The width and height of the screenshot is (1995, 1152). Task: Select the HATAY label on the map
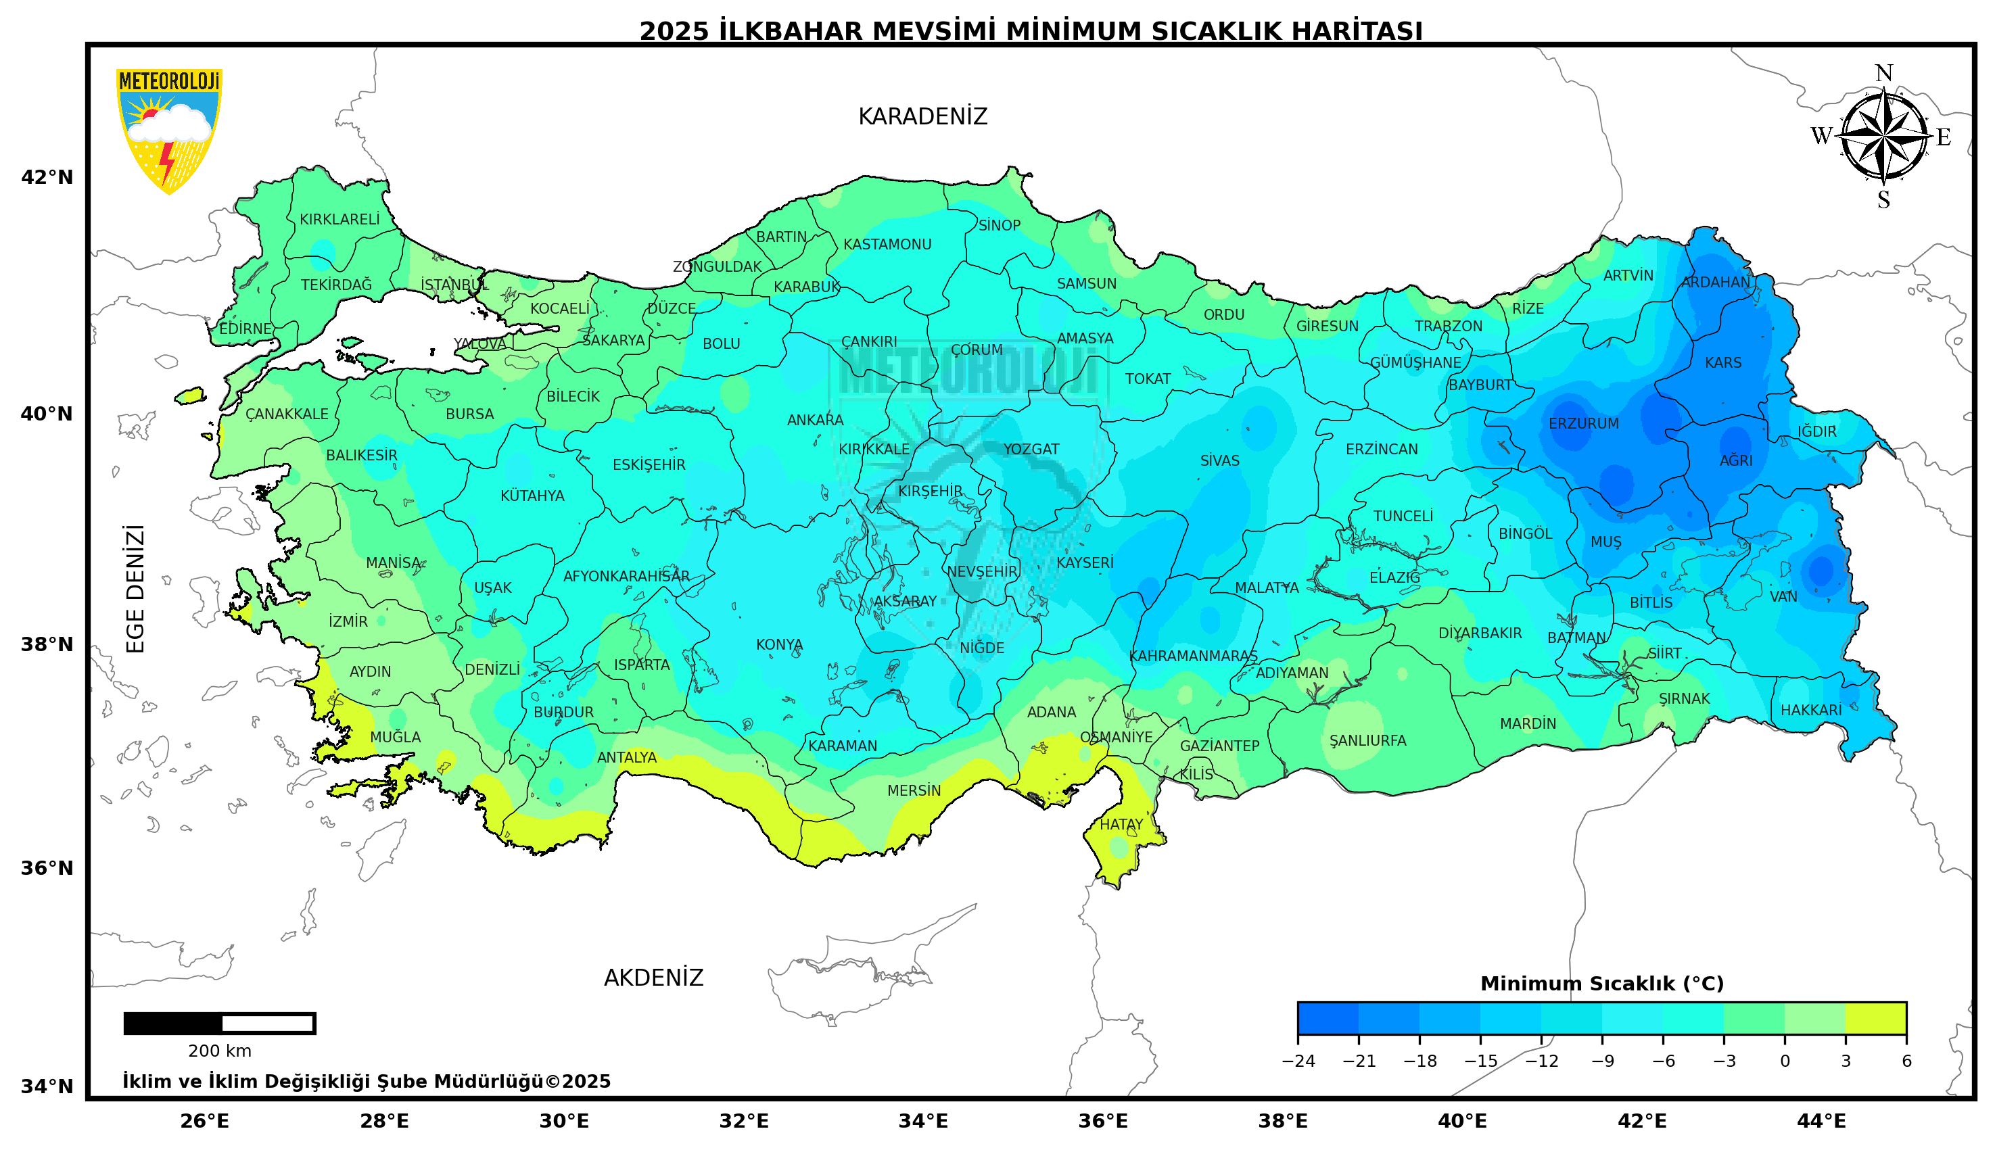click(x=1121, y=824)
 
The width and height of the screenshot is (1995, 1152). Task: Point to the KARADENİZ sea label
click(x=922, y=117)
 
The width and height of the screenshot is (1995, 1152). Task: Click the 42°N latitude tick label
click(x=46, y=177)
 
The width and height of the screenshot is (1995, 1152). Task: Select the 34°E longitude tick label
click(x=922, y=1121)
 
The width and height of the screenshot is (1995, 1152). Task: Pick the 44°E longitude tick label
click(x=1821, y=1121)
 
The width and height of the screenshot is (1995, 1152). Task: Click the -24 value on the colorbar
click(x=1298, y=1061)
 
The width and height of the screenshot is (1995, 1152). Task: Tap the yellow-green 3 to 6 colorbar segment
click(x=1875, y=1018)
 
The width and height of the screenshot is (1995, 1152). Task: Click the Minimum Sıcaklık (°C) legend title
click(x=1601, y=984)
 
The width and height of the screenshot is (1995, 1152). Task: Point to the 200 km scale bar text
click(x=219, y=1051)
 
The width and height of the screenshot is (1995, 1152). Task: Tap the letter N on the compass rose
click(x=1883, y=74)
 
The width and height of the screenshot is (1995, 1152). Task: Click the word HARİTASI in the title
click(x=1357, y=31)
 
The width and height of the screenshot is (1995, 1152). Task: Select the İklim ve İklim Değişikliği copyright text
click(x=366, y=1082)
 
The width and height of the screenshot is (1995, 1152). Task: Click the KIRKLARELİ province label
click(x=339, y=219)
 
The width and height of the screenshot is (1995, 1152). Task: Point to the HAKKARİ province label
click(x=1810, y=710)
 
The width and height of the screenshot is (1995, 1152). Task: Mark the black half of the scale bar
click(x=173, y=1023)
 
